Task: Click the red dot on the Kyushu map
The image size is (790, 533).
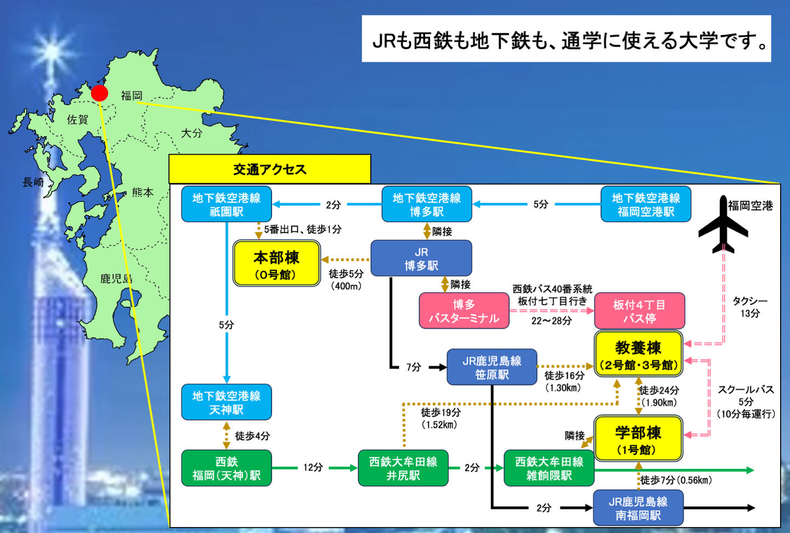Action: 99,93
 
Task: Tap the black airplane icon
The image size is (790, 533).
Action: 723,226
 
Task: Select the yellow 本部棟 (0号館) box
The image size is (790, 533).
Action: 276,264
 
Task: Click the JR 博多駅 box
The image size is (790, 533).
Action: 421,258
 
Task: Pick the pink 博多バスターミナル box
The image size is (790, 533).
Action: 464,311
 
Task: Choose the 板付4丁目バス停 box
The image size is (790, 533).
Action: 639,311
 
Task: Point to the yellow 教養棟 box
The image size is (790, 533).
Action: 639,354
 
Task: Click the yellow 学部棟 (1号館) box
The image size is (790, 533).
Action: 638,439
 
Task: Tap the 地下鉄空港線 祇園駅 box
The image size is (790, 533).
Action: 226,204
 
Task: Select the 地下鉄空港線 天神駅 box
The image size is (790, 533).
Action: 226,402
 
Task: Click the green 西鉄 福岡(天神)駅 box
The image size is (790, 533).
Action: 226,468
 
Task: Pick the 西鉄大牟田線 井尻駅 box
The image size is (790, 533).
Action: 403,468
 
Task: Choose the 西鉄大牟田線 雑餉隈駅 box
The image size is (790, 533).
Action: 549,468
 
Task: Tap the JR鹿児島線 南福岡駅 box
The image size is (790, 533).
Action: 638,508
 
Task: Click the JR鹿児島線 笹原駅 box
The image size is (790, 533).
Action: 492,367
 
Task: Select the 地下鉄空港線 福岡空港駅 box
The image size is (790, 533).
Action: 646,204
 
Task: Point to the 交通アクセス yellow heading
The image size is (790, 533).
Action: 269,169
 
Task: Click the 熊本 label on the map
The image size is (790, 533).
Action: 142,192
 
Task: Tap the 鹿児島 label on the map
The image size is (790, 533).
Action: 116,279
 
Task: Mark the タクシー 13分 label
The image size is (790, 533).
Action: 749,307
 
